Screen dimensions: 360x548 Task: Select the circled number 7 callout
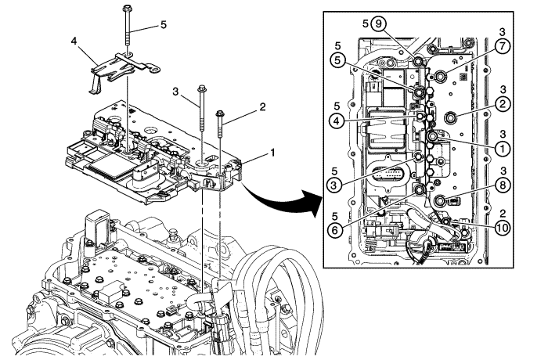coord(502,46)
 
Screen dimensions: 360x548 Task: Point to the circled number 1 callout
coord(502,146)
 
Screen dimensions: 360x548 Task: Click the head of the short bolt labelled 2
coord(220,114)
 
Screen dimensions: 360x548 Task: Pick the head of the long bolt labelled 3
coord(202,89)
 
